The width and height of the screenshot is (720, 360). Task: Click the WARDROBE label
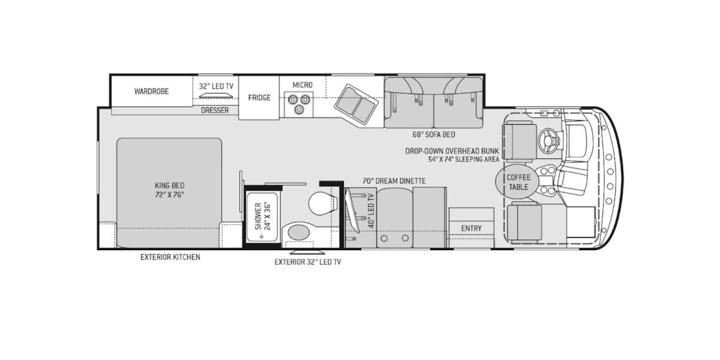151,91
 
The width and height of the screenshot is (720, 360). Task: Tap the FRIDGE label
259,98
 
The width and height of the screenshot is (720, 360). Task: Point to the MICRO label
302,85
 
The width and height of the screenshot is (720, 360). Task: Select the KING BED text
170,185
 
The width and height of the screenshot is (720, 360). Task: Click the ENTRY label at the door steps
472,228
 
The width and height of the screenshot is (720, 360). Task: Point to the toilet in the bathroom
323,203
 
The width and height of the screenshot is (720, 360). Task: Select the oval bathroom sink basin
299,232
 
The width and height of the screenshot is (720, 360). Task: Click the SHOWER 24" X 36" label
263,216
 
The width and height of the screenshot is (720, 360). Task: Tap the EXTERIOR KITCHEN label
170,257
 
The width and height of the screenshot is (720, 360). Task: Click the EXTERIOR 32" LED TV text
308,262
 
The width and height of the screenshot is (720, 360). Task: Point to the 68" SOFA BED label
434,134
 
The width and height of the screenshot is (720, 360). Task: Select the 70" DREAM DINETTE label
394,181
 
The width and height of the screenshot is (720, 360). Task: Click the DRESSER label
215,110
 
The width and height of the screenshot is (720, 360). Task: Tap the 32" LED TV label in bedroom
216,86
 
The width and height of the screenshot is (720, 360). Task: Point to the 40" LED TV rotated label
371,211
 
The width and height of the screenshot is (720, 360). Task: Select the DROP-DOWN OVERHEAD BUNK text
452,151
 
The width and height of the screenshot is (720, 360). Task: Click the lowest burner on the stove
299,110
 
